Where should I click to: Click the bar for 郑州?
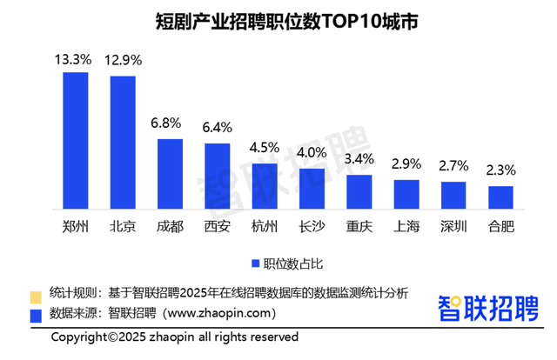point(75,141)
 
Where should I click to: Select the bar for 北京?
point(122,143)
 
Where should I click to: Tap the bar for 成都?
point(170,174)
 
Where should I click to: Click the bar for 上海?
point(406,194)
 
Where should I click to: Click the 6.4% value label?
point(217,129)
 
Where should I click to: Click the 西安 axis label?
point(217,227)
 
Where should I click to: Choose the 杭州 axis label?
point(264,227)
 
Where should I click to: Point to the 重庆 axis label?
point(359,227)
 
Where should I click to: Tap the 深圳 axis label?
point(453,227)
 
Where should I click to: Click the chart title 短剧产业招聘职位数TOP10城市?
point(278,22)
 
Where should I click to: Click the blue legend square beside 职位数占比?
point(256,263)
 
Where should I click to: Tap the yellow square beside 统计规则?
point(36,293)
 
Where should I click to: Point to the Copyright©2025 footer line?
point(174,337)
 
